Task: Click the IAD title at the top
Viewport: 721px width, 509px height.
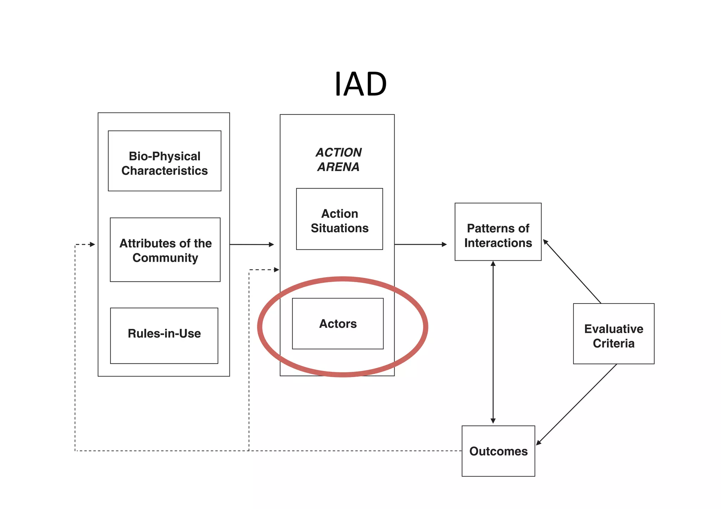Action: (360, 84)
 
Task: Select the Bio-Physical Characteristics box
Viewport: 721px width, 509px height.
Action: (164, 161)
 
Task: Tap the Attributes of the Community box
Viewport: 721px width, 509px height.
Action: (165, 250)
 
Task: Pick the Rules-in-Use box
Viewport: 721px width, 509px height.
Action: (164, 336)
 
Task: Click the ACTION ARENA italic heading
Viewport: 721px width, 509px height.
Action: (338, 160)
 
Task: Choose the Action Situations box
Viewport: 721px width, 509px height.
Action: (339, 219)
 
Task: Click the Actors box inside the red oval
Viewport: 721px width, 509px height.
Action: (338, 324)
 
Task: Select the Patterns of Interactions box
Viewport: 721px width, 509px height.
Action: (498, 232)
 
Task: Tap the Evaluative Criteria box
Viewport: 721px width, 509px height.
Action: (613, 333)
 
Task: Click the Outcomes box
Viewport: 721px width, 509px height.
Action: (498, 451)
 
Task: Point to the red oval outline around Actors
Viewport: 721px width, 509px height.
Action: (261, 327)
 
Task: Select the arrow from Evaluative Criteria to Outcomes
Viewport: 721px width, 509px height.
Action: (577, 404)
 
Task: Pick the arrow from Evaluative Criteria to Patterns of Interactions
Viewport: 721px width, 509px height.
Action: (572, 271)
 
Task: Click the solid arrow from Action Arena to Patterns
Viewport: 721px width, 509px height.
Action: (421, 244)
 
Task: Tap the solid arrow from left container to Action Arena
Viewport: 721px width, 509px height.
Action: (252, 244)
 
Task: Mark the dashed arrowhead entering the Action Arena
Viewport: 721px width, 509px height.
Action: (276, 270)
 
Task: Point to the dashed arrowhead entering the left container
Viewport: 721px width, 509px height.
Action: (92, 244)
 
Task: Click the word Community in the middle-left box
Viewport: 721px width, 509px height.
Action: (165, 258)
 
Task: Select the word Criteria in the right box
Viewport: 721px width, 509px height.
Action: (613, 343)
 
